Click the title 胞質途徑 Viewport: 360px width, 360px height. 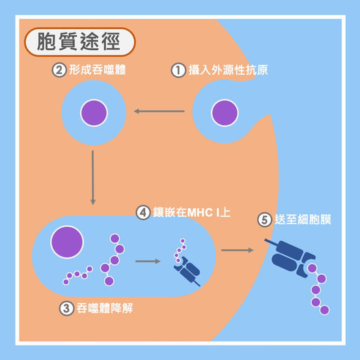(x=79, y=42)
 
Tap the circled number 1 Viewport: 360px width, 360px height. (x=178, y=70)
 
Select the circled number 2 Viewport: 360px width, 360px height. (x=59, y=70)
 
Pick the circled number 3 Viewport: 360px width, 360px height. (x=66, y=309)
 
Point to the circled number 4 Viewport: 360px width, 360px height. (x=143, y=212)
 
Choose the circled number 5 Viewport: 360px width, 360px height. (x=265, y=220)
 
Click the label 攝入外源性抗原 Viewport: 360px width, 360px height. (x=228, y=70)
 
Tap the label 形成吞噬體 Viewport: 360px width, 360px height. (x=98, y=70)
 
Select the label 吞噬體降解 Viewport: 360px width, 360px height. (x=104, y=308)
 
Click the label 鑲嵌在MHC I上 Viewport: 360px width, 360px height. (x=191, y=212)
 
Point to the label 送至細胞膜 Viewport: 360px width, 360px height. (x=303, y=219)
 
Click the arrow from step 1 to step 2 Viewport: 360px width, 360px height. (x=159, y=111)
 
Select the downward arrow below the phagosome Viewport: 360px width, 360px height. (x=92, y=178)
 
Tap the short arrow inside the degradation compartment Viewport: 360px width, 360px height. (x=148, y=261)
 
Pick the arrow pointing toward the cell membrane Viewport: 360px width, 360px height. (x=238, y=250)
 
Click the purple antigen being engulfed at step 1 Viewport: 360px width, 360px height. (x=225, y=113)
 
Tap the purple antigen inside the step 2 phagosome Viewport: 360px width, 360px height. (x=94, y=113)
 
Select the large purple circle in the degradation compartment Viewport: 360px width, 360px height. (x=67, y=242)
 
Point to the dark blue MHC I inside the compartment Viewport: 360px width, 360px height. (x=187, y=271)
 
